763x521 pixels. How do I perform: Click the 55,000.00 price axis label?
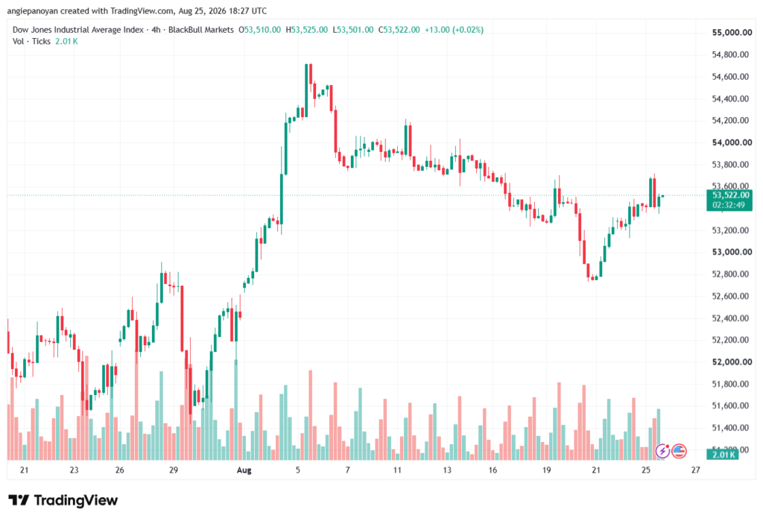click(732, 33)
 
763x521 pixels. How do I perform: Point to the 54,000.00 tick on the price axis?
click(732, 142)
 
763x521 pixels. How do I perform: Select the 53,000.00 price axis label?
click(732, 252)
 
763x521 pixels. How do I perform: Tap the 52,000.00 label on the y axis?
click(732, 362)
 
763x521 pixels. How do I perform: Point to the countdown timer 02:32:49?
click(729, 205)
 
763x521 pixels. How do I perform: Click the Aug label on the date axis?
click(244, 470)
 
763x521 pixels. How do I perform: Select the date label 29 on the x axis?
click(173, 470)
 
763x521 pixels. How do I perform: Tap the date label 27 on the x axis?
click(696, 470)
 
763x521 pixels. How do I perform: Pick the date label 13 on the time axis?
click(447, 470)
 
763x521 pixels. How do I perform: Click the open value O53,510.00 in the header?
click(259, 30)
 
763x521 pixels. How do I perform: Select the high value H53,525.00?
click(306, 30)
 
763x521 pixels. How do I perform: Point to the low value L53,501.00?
click(352, 30)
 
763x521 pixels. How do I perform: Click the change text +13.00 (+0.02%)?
click(454, 30)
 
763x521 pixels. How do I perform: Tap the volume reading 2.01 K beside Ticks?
click(66, 42)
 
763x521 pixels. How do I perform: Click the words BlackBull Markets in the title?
click(201, 30)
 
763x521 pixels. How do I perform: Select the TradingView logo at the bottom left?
click(63, 501)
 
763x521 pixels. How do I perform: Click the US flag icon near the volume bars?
click(679, 452)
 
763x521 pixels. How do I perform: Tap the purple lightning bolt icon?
click(662, 452)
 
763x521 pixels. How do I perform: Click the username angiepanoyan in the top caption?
click(32, 11)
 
